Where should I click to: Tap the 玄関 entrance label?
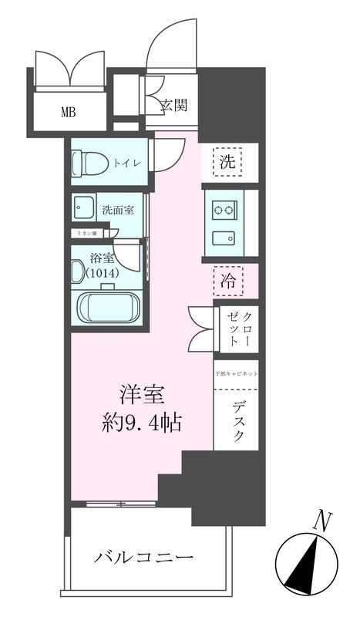pos(174,106)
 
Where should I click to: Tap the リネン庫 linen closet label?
pos(86,233)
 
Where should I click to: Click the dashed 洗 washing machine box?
pos(227,163)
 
